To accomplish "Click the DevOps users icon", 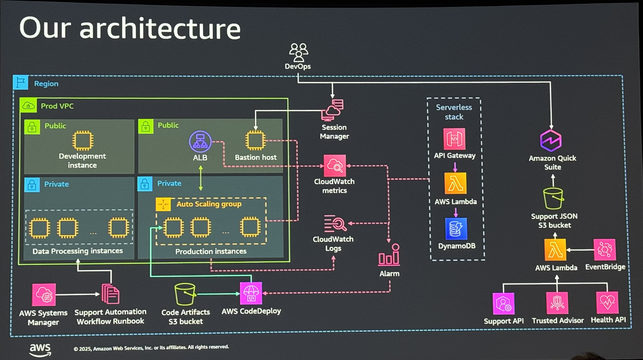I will click(298, 53).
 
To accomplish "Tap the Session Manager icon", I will click(333, 110).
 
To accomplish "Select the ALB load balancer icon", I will click(200, 141).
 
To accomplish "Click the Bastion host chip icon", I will click(255, 140).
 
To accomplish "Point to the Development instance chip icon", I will click(83, 140).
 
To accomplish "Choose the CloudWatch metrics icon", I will click(335, 165).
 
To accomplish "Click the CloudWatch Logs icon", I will click(335, 224).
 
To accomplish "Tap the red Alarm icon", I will click(389, 255).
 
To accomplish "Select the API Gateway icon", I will click(454, 139).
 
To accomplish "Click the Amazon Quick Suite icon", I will click(551, 141).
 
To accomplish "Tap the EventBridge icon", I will click(605, 250).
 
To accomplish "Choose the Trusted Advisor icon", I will click(557, 303).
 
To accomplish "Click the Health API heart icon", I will click(607, 303).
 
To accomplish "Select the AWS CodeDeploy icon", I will click(251, 293).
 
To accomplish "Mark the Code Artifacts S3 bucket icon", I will click(185, 294).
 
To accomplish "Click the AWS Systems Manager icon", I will click(44, 295).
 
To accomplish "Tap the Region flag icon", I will click(21, 82).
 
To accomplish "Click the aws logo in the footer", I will click(40, 350).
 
